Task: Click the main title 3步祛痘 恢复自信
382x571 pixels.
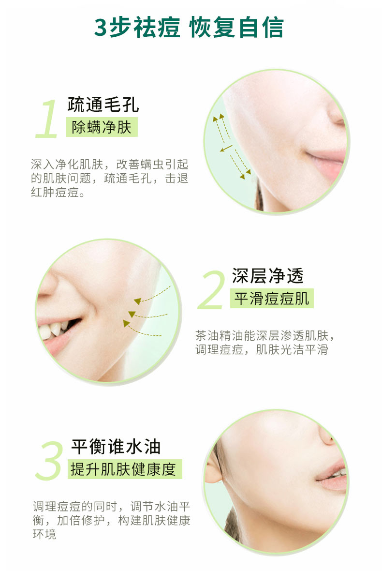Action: point(189,27)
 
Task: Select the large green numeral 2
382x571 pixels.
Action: point(211,290)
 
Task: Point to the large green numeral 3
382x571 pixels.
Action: point(49,460)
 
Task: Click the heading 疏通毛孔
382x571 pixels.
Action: point(103,105)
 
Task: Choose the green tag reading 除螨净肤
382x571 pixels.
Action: point(102,127)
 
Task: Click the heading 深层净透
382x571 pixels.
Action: point(267,276)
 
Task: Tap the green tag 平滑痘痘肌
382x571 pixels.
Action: point(272,299)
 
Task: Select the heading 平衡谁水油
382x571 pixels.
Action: point(116,447)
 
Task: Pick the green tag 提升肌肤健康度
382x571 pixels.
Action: point(125,469)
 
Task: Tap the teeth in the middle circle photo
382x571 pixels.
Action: point(55,329)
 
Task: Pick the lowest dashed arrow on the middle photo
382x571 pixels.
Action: point(141,329)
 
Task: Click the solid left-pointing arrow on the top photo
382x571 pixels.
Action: point(226,148)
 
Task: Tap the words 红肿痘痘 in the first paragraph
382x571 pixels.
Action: point(55,192)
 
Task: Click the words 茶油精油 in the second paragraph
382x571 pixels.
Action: point(219,335)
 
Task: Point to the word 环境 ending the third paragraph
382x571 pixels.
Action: point(44,534)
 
